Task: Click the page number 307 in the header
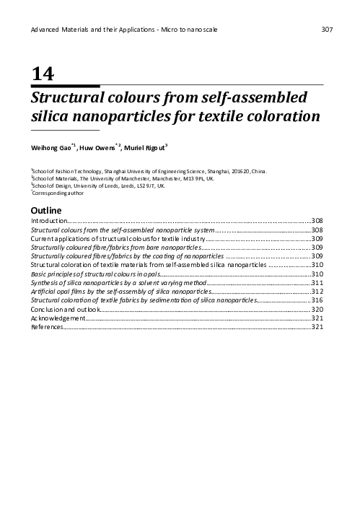pyautogui.click(x=325, y=29)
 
